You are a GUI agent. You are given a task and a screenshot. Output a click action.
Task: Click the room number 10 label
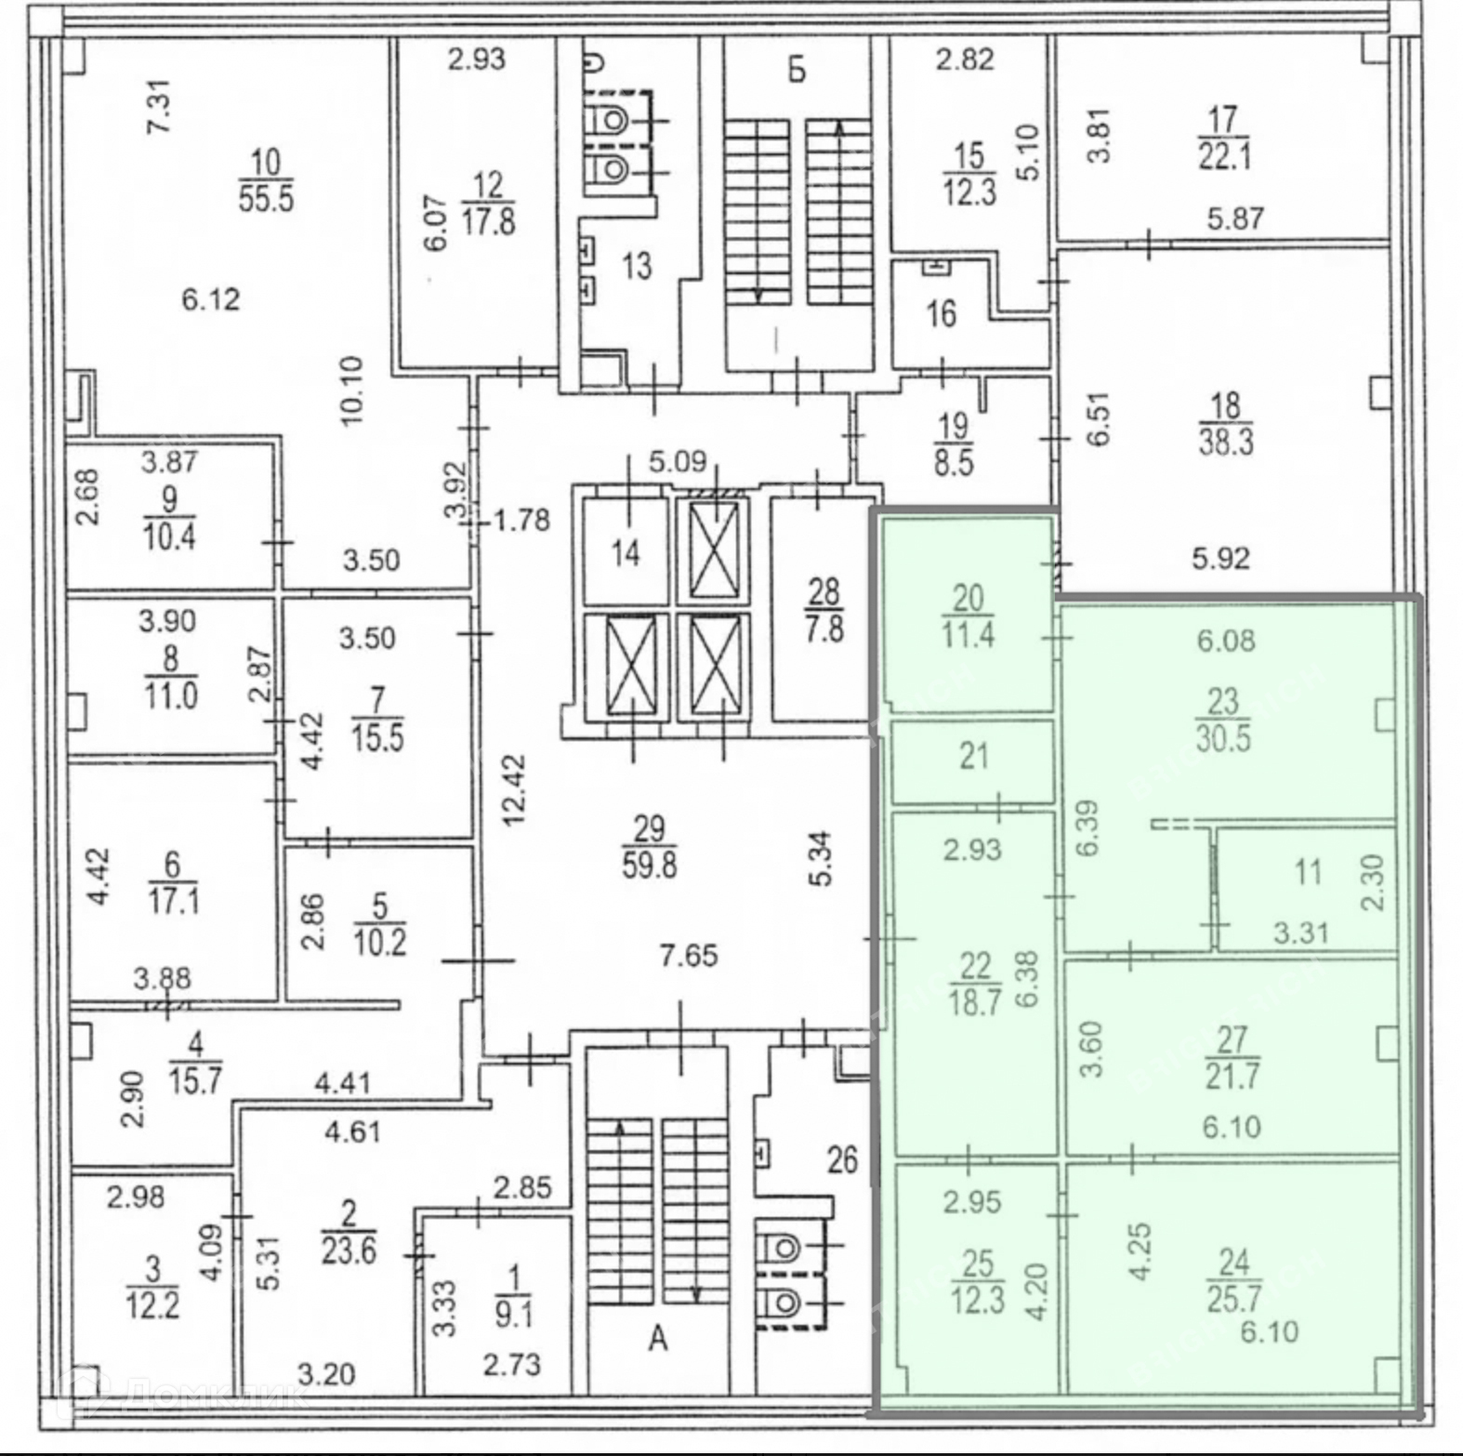[265, 163]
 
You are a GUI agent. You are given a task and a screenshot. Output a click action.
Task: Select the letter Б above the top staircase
[797, 71]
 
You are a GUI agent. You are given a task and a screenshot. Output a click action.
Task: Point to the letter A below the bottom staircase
[658, 1339]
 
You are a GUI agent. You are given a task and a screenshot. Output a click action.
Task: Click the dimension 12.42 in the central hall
[514, 790]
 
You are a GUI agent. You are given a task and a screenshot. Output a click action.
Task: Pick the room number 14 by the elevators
[626, 554]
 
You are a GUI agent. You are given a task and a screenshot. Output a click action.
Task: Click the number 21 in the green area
[973, 756]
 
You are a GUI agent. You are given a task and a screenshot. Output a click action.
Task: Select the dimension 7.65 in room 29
[689, 956]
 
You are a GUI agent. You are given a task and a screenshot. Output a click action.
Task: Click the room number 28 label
[824, 591]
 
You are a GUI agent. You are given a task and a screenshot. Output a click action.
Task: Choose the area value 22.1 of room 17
[1224, 156]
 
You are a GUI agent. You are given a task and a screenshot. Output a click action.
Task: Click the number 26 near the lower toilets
[842, 1159]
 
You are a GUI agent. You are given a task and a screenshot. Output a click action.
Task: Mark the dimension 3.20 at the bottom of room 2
[325, 1373]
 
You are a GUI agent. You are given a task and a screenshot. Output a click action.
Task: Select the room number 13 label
[637, 267]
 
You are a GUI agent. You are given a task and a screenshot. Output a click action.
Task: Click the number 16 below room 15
[941, 313]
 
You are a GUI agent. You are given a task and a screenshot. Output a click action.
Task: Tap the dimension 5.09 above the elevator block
[678, 460]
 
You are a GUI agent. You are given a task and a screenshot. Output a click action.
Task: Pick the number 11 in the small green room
[1308, 872]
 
